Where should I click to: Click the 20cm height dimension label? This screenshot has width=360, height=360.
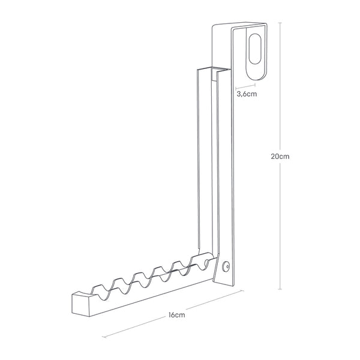280,157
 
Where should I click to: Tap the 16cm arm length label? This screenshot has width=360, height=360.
176,315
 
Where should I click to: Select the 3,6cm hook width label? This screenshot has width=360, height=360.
247,94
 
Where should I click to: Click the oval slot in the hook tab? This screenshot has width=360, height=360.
255,49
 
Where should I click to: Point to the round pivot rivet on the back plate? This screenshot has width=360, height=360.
226,266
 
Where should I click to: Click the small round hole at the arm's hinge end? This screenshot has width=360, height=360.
206,262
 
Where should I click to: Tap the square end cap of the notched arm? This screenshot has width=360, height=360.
80,304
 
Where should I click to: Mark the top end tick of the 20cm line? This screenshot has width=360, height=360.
280,23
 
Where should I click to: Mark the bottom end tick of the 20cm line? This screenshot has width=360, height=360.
280,289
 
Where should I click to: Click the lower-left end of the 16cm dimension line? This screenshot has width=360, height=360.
104,337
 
